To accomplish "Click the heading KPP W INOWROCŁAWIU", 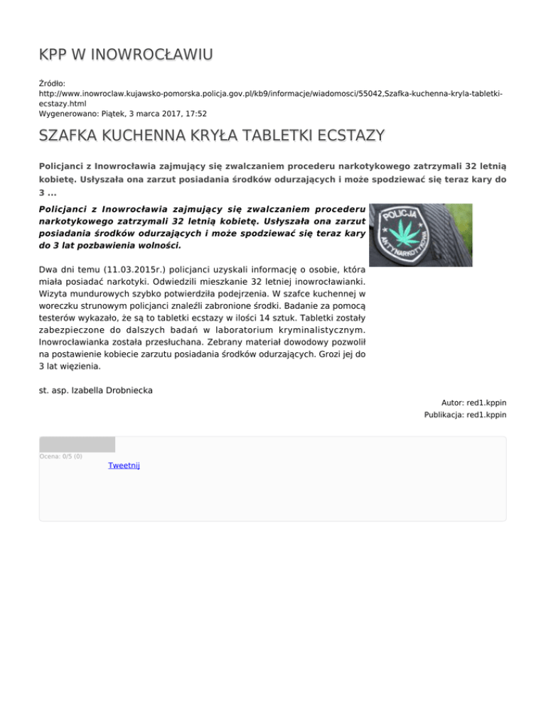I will tap(127, 55).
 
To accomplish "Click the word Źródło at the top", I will tap(52, 84).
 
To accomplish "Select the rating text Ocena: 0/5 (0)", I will tap(60, 456).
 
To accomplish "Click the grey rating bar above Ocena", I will tap(77, 445).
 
